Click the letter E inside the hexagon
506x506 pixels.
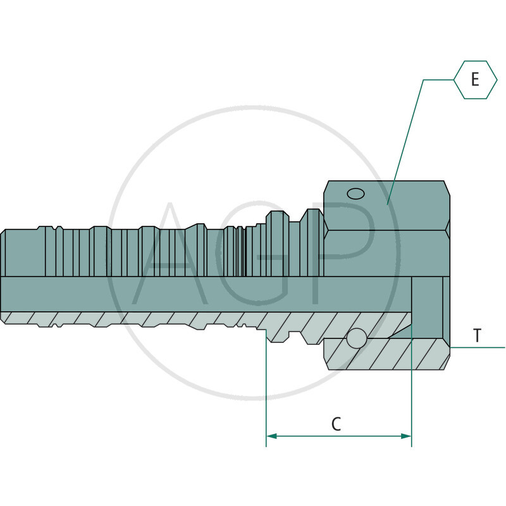pos(475,80)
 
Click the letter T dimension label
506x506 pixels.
pos(478,335)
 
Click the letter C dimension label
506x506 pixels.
pos(336,424)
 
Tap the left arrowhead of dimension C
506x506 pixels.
pos(272,436)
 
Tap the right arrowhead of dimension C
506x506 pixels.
pos(406,436)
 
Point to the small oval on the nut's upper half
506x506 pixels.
pos(356,194)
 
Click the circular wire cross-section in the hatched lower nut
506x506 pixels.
pos(357,338)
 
